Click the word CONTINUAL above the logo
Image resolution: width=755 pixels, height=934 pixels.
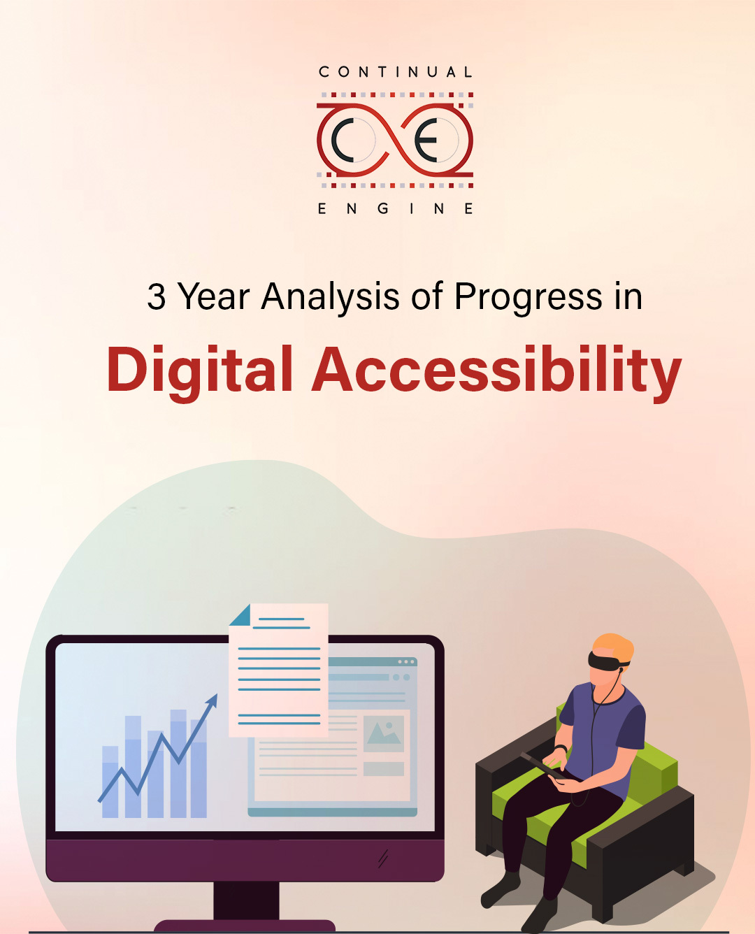point(396,72)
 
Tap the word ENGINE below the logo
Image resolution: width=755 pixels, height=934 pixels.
point(396,209)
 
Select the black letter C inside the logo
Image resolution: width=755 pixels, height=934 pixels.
point(343,140)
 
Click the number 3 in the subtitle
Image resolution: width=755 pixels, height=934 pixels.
point(157,297)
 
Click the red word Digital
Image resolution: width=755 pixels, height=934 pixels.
point(199,373)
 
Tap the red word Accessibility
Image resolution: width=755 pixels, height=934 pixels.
point(496,373)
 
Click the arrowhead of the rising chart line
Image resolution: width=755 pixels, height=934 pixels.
point(213,701)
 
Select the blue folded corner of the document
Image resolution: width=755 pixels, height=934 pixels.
point(240,615)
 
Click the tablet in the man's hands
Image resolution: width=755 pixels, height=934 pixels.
point(544,766)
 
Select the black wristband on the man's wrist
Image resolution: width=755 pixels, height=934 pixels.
point(561,748)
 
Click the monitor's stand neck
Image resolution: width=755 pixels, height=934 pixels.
point(246,900)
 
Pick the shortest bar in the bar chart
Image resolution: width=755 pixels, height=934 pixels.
point(110,782)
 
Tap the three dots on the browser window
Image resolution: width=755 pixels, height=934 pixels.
point(406,661)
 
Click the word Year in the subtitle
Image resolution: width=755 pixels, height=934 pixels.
point(214,297)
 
